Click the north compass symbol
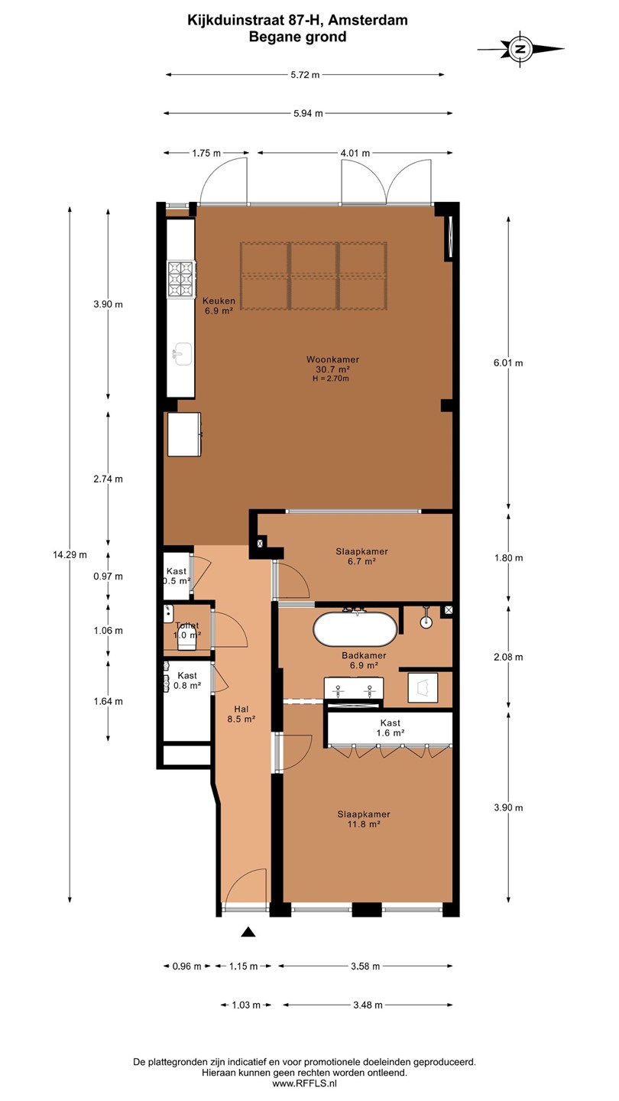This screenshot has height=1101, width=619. pos(520,49)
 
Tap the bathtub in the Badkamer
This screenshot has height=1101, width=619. pos(355,628)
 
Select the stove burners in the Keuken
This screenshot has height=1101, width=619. pos(180,278)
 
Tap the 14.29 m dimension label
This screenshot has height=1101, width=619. pos(70,555)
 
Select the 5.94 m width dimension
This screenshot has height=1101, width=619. pos(308,113)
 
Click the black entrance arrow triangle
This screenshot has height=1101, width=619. pos(248,931)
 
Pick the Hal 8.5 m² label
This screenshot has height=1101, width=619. pos(241,713)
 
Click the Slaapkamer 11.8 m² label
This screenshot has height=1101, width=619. pos(364,819)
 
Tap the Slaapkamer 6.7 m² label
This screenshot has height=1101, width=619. pos(362,557)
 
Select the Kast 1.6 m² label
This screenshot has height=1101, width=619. pos(390,727)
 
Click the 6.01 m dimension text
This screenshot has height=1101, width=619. pos(508,363)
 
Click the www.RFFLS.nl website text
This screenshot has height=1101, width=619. pos(305,1083)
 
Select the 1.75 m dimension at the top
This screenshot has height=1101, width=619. pos(206,153)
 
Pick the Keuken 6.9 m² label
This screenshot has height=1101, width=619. pos(219,305)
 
